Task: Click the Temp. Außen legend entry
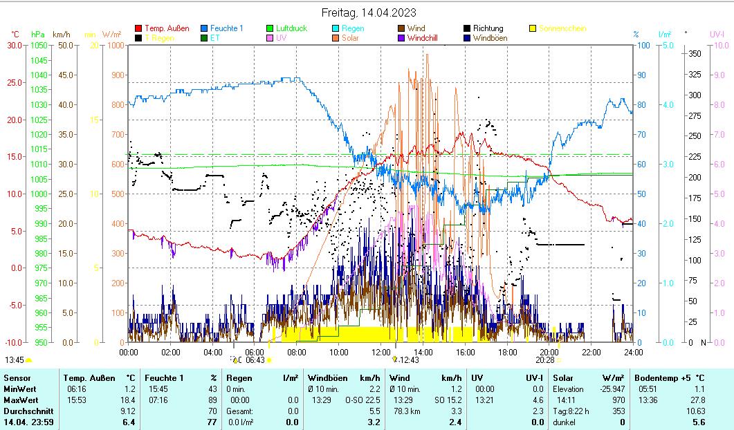167,28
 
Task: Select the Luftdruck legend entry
291,28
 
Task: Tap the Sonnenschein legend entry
562,28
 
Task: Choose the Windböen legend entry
490,38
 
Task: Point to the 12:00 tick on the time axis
380,352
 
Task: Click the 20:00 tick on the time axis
549,352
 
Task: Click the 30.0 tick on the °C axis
15,46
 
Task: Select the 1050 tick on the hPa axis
39,46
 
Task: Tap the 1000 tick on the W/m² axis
115,46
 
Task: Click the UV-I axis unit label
717,34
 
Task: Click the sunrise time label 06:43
255,360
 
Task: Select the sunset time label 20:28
544,360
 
